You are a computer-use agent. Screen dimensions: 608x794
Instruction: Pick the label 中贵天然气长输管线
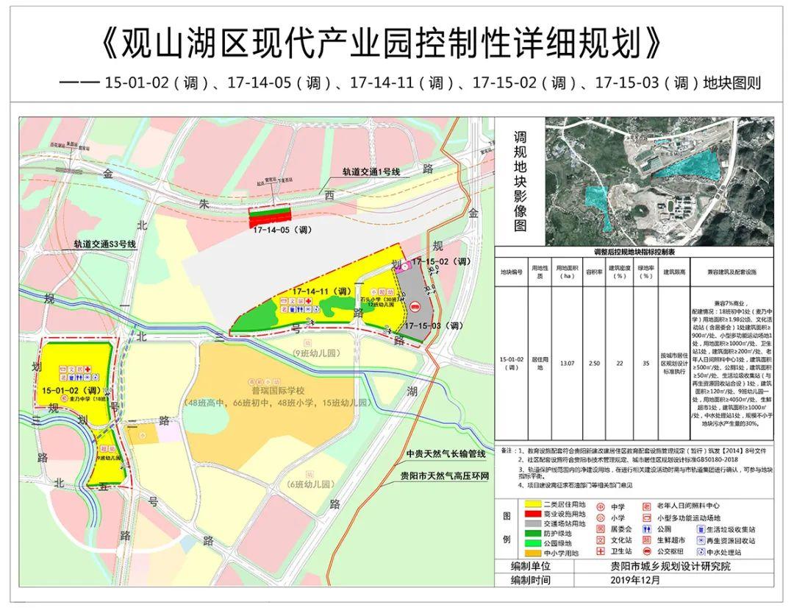pyautogui.click(x=446, y=453)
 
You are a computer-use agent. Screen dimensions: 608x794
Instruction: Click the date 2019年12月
pyautogui.click(x=635, y=580)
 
